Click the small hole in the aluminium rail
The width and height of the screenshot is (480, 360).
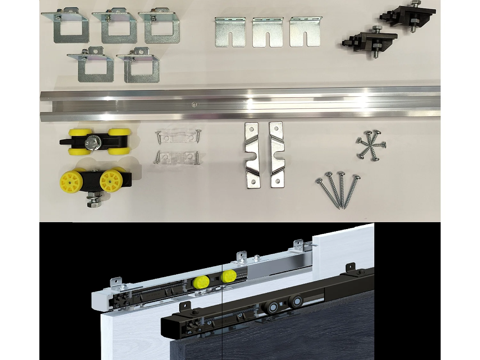pyautogui.click(x=193, y=104)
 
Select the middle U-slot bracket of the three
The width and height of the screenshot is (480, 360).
pyautogui.click(x=268, y=32)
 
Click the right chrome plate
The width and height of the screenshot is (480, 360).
pyautogui.click(x=277, y=155)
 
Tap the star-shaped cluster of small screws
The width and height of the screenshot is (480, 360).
pyautogui.click(x=371, y=145)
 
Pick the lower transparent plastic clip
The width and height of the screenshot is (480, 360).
pyautogui.click(x=177, y=157)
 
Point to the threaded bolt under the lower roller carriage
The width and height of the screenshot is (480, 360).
pyautogui.click(x=93, y=201)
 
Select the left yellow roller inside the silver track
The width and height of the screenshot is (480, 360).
pyautogui.click(x=201, y=282)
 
